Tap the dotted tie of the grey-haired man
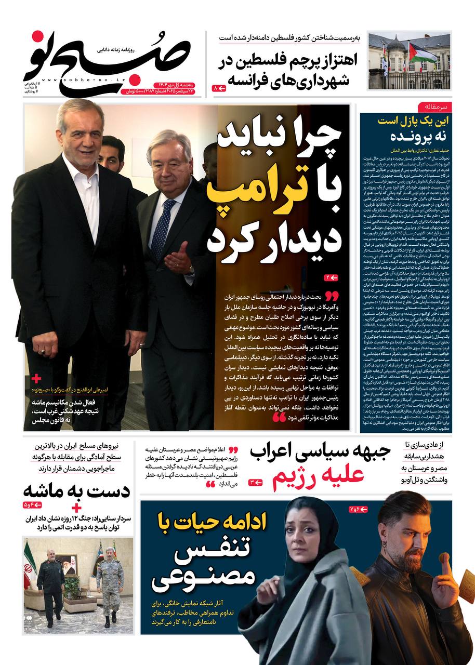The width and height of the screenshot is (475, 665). coord(163,229)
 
